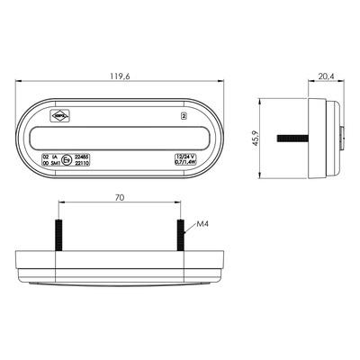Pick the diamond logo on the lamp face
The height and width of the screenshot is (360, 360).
click(58, 115)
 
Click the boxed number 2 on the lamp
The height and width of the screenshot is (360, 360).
click(184, 116)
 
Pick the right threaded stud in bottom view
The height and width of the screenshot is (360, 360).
click(180, 235)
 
